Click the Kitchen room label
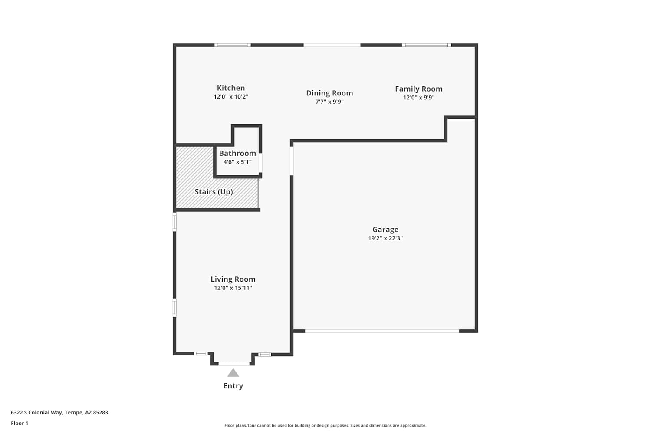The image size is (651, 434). coord(231,88)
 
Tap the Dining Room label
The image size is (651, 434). coord(329,93)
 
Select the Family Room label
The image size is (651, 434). coord(418,89)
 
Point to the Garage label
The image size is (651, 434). coord(385,229)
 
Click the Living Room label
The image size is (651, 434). coord(233,279)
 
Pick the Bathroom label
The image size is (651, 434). coord(237,153)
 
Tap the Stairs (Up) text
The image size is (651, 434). coord(214,192)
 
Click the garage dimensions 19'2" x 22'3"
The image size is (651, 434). coord(385,238)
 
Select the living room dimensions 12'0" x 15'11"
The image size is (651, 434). coord(233,288)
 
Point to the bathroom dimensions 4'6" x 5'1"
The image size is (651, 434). coord(237,162)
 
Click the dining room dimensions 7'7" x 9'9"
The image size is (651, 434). coord(329,102)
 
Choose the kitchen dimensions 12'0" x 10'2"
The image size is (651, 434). coord(231,97)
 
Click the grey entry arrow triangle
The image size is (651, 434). coord(233,373)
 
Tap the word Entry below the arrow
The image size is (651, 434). coord(233,386)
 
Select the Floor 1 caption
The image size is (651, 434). coord(20,423)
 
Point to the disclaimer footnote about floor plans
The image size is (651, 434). coord(325,425)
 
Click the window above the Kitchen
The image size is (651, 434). coord(233,45)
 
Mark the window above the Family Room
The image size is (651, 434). coord(427,45)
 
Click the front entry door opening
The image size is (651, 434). coord(234,364)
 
